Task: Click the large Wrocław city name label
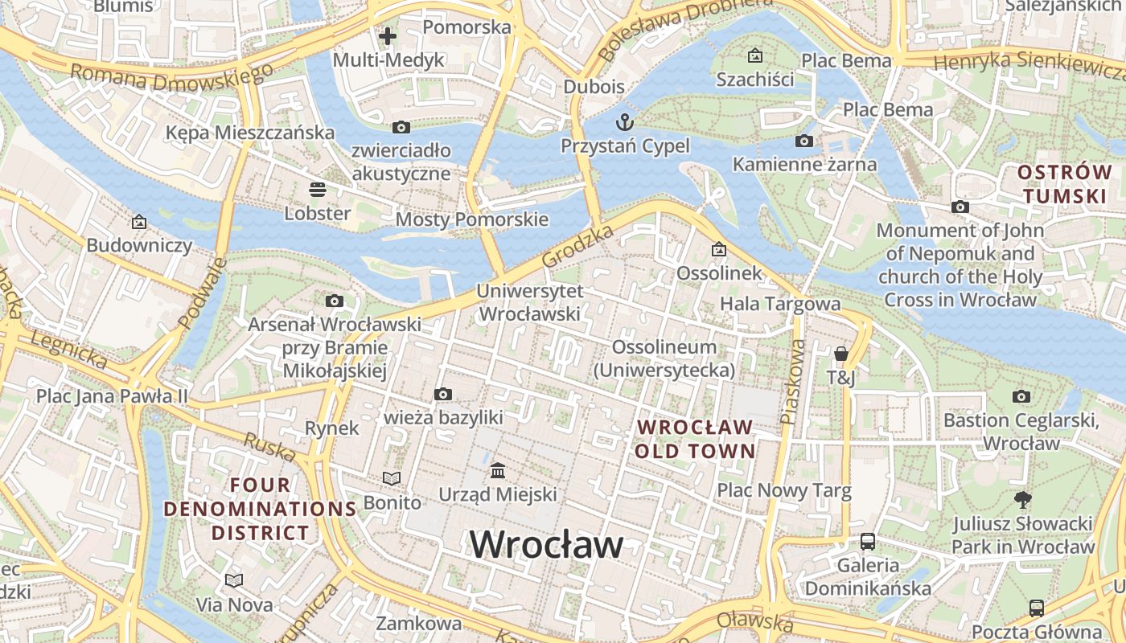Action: [546, 545]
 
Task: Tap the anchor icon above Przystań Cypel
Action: [624, 122]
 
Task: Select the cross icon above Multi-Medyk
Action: [388, 36]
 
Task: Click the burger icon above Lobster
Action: [318, 190]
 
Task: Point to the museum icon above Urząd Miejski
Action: [498, 469]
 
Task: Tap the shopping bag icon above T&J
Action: [841, 354]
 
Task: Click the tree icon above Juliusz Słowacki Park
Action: [1023, 500]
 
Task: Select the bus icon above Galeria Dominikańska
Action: [868, 541]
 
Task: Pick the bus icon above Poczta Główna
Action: [1036, 608]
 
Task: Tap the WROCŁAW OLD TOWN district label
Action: [696, 439]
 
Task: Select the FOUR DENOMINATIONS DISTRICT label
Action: [260, 509]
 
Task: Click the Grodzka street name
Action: [577, 246]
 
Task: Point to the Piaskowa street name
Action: [792, 382]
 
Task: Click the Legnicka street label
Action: [68, 347]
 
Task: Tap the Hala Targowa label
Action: [780, 304]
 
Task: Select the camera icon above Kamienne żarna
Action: [803, 141]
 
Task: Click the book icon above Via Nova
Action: [234, 580]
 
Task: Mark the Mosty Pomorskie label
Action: [472, 219]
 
